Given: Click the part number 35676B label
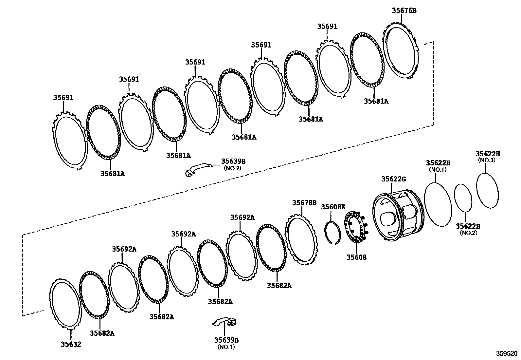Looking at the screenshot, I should [x=404, y=10].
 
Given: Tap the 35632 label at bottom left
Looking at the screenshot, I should [x=71, y=344].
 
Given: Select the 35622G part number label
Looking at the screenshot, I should [x=393, y=179].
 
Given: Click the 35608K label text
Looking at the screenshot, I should [x=333, y=207].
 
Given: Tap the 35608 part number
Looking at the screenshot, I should [x=356, y=257].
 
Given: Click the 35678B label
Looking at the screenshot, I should [x=304, y=203].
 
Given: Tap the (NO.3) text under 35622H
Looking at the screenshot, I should [x=487, y=160].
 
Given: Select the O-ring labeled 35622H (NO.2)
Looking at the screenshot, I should [x=463, y=198].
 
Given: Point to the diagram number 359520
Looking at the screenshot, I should [x=507, y=354].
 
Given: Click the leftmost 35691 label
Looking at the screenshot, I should [x=63, y=98].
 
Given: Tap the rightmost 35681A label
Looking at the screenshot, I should [x=376, y=102].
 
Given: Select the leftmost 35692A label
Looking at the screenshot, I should [x=124, y=249].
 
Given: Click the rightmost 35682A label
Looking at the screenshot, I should [x=279, y=285].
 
